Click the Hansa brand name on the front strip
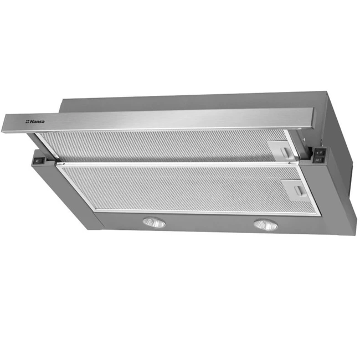(x=37, y=121)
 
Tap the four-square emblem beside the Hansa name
(x=27, y=121)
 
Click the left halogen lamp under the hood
(x=154, y=223)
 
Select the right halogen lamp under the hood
(x=265, y=225)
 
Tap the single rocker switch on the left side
(x=37, y=161)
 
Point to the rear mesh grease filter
(x=165, y=146)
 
